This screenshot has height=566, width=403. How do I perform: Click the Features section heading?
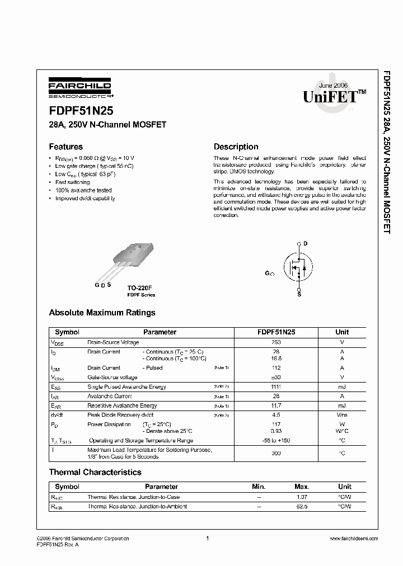[x=65, y=147]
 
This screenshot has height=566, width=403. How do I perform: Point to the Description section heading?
[x=236, y=147]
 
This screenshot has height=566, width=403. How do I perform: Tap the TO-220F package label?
[x=140, y=287]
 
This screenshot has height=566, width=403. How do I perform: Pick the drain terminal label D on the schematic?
[x=306, y=243]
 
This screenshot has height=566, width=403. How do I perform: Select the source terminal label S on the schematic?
[x=299, y=294]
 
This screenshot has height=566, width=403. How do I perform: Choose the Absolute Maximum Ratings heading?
[x=102, y=313]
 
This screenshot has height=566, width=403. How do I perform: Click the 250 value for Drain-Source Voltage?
[x=276, y=342]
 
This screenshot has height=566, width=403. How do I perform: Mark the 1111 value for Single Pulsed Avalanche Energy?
[x=276, y=387]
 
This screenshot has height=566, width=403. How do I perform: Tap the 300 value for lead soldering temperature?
[x=276, y=453]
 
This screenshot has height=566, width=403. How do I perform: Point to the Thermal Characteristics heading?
[x=95, y=473]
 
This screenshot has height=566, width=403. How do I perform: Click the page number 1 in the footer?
[x=207, y=539]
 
